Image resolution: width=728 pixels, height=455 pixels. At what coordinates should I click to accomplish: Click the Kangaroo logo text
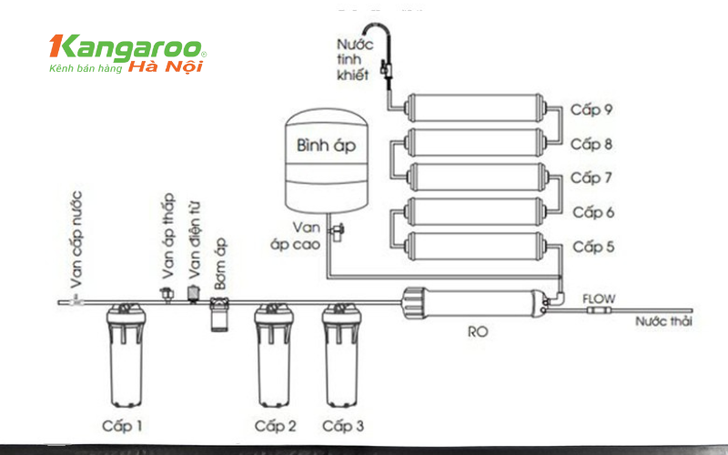coord(127,48)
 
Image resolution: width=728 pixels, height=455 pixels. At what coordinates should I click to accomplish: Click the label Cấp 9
coord(592,109)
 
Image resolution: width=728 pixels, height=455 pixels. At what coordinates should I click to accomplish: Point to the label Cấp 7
coord(592,177)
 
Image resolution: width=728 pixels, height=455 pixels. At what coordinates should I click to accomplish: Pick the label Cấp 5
coord(592,247)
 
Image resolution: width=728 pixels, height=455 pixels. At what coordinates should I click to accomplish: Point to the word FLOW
coord(599,298)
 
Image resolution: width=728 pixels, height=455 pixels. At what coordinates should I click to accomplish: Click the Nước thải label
coord(664,321)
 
